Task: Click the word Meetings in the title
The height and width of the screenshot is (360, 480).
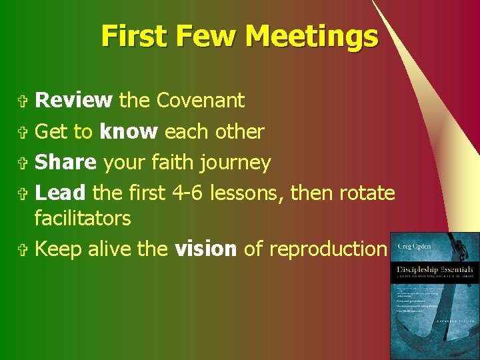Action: coord(311,35)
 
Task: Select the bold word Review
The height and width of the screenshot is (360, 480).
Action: coord(73,100)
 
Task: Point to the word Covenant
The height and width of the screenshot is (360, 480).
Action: coord(200,100)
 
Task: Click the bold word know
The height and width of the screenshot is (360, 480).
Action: coord(128,131)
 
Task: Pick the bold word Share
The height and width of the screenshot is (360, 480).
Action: coord(65,162)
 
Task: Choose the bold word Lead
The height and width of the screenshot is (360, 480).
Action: coord(60,193)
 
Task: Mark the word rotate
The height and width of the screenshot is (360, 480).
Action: coord(367,193)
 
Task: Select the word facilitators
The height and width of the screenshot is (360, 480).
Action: coord(83,218)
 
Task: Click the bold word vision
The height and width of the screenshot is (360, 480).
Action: coord(205,249)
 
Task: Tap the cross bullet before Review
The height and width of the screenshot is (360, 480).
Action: coord(24,101)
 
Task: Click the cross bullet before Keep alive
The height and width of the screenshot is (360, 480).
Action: coord(24,249)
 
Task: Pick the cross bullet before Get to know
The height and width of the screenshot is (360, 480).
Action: coord(24,132)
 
